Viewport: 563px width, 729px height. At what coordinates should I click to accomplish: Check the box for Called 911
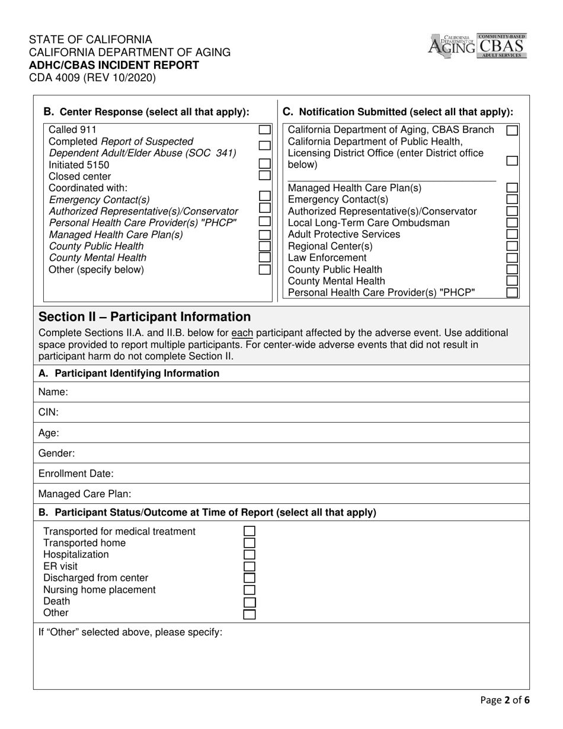click(x=265, y=129)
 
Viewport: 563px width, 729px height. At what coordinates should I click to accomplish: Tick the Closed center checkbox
click(x=265, y=175)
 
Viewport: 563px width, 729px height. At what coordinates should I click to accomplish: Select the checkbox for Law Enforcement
click(x=512, y=257)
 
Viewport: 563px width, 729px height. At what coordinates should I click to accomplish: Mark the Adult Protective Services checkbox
click(x=512, y=234)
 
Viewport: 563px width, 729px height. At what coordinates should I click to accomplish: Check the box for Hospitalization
click(x=249, y=554)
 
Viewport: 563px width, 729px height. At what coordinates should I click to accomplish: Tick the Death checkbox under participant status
click(x=249, y=602)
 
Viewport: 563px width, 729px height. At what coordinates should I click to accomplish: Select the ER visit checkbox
click(x=249, y=566)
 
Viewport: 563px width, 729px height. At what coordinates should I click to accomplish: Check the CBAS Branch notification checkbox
click(x=512, y=130)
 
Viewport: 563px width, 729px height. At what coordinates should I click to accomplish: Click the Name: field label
click(x=53, y=392)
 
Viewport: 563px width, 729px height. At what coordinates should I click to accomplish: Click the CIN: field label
click(x=49, y=413)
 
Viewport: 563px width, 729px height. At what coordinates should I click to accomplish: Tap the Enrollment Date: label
click(x=76, y=474)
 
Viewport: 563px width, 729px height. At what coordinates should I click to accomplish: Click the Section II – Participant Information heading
click(x=145, y=317)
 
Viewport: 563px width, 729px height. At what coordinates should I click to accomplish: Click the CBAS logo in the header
click(x=501, y=46)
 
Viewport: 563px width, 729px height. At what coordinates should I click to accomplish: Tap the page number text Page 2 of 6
click(x=505, y=700)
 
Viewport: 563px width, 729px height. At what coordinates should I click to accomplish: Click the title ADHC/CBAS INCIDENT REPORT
click(x=114, y=65)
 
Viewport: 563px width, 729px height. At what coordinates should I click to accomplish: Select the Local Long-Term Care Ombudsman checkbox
click(x=512, y=222)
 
